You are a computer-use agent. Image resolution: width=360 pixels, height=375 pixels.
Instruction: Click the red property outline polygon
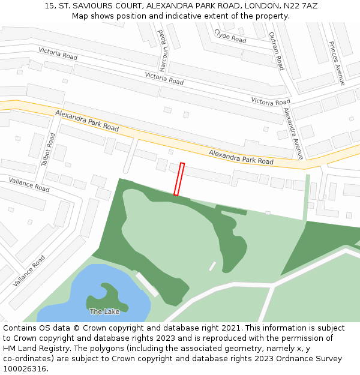[x=179, y=179]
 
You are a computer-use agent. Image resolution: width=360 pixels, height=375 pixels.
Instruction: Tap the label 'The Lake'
[x=104, y=311]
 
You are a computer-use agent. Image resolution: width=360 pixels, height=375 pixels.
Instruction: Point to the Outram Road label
[x=275, y=51]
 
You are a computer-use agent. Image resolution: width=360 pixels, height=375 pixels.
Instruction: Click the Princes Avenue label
[x=337, y=63]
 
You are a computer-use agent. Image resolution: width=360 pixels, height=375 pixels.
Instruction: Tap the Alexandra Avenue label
[x=293, y=133]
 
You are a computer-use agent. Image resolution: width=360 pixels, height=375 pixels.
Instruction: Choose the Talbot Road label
[x=48, y=149]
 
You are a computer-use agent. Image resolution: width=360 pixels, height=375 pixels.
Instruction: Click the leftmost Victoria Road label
[x=58, y=53]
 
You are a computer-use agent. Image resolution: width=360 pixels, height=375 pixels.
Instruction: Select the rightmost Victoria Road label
[x=271, y=101]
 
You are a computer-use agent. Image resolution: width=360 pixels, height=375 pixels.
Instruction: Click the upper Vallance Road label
[x=29, y=184]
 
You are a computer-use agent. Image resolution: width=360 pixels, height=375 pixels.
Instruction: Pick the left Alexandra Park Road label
[x=87, y=121]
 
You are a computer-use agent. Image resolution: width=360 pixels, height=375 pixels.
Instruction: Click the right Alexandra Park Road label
[x=241, y=157]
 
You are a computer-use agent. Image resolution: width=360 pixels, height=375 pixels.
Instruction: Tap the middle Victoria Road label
[x=164, y=78]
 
